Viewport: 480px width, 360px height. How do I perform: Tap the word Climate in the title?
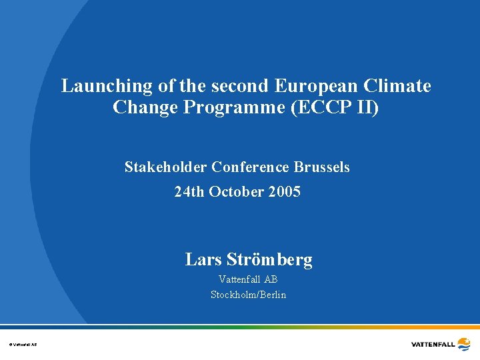tap(399, 86)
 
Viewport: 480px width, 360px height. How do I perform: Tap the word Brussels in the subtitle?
tap(325, 167)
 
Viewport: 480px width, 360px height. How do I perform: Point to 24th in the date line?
tap(189, 192)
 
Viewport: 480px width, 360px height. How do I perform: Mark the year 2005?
tap(285, 192)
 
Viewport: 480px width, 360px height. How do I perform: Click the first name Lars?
tap(203, 259)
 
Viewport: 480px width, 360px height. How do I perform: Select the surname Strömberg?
tap(269, 259)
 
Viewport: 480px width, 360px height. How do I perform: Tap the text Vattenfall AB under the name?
tap(248, 279)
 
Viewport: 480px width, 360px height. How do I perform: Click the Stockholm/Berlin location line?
tap(248, 295)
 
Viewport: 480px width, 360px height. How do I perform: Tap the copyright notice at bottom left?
tap(23, 344)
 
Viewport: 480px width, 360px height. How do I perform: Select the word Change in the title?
tap(143, 107)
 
